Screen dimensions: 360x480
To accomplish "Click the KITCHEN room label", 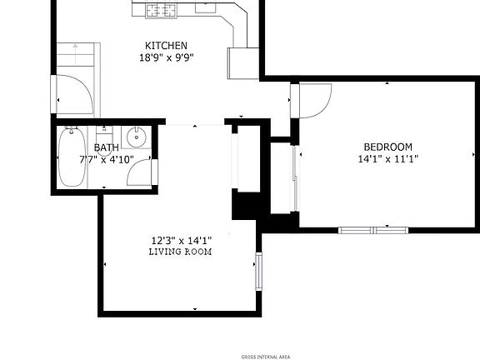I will click(x=166, y=46).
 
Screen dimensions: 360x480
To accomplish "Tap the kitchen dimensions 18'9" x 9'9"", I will click(x=167, y=58).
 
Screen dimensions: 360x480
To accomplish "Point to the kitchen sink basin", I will click(x=206, y=7).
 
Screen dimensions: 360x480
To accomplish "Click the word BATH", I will click(x=106, y=147).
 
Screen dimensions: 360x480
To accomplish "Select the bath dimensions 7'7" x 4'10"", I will click(x=107, y=158).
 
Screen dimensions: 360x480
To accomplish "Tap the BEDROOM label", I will click(x=387, y=147).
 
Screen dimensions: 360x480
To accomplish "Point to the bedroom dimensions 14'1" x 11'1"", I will click(x=387, y=158).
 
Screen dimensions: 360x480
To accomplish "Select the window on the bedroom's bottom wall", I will click(x=373, y=228).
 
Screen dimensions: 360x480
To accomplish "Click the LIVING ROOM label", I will click(x=180, y=252).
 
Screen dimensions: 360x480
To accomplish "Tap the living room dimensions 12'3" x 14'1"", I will click(x=180, y=241).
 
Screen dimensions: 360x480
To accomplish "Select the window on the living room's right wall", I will click(x=258, y=271).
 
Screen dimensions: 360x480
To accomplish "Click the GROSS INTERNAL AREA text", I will click(x=265, y=357).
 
